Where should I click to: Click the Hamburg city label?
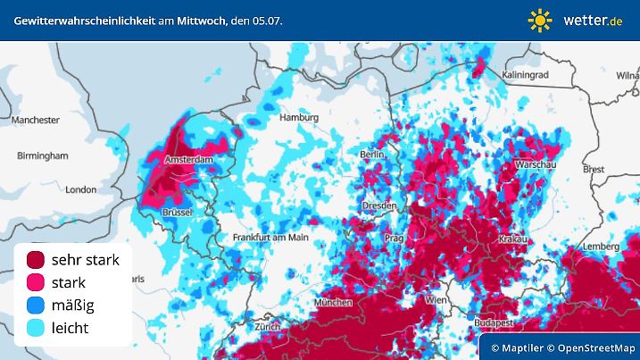coord(299,117)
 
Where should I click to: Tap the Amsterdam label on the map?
coord(189,160)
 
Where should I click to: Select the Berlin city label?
coord(371,155)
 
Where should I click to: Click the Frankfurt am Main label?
coord(270,238)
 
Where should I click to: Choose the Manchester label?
coord(36,119)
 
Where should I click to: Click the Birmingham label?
coord(42,155)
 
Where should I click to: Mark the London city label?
coord(80,189)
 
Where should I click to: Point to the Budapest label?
coord(493,322)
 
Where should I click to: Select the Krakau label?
coord(512,239)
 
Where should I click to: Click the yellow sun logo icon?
coord(540,20)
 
